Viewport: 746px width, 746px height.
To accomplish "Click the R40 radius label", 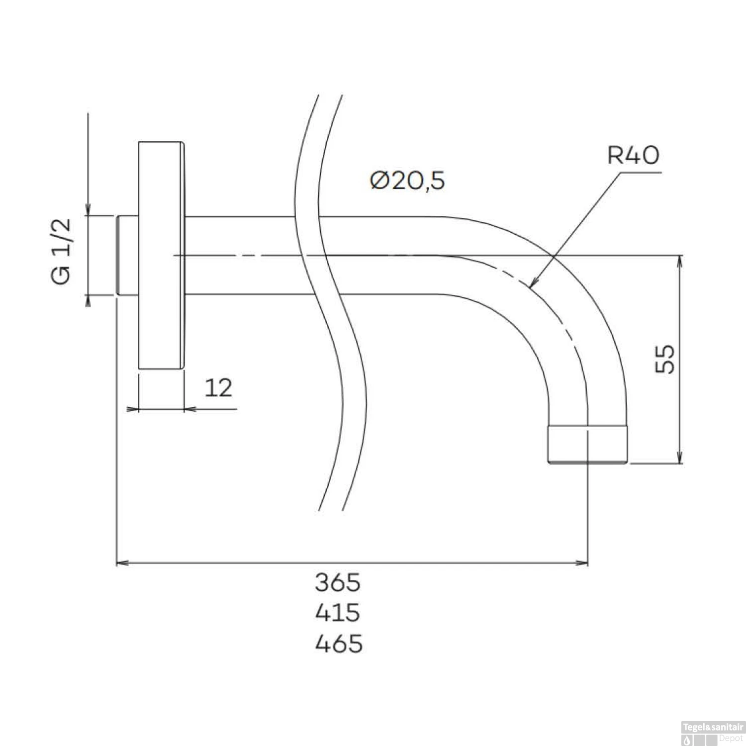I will pos(633,155).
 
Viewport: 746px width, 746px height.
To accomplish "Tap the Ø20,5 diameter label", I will pos(407,181).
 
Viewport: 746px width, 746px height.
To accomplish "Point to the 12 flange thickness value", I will pos(218,388).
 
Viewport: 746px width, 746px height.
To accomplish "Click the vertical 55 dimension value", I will pos(665,359).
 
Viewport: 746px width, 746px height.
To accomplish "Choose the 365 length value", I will pos(338,582).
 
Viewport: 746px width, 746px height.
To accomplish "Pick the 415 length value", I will pos(338,613).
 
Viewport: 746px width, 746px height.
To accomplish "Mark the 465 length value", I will pos(339,644).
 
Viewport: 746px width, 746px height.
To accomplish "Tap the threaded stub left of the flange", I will pos(127,256).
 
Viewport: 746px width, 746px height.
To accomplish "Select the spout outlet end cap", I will pos(587,444).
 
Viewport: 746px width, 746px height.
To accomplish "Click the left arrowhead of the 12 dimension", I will pos(132,409).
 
